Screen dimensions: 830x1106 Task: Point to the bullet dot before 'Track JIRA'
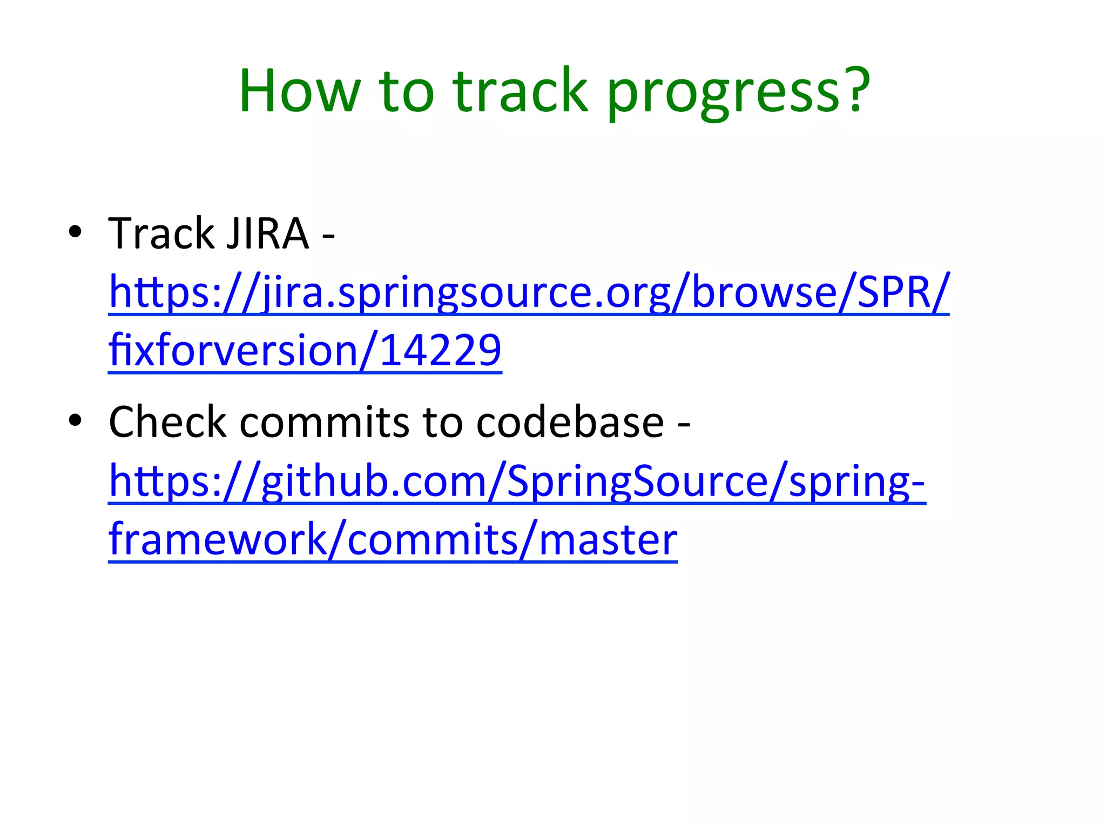click(75, 232)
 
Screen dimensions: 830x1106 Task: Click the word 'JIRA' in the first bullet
click(268, 233)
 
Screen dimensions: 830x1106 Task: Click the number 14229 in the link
click(441, 350)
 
